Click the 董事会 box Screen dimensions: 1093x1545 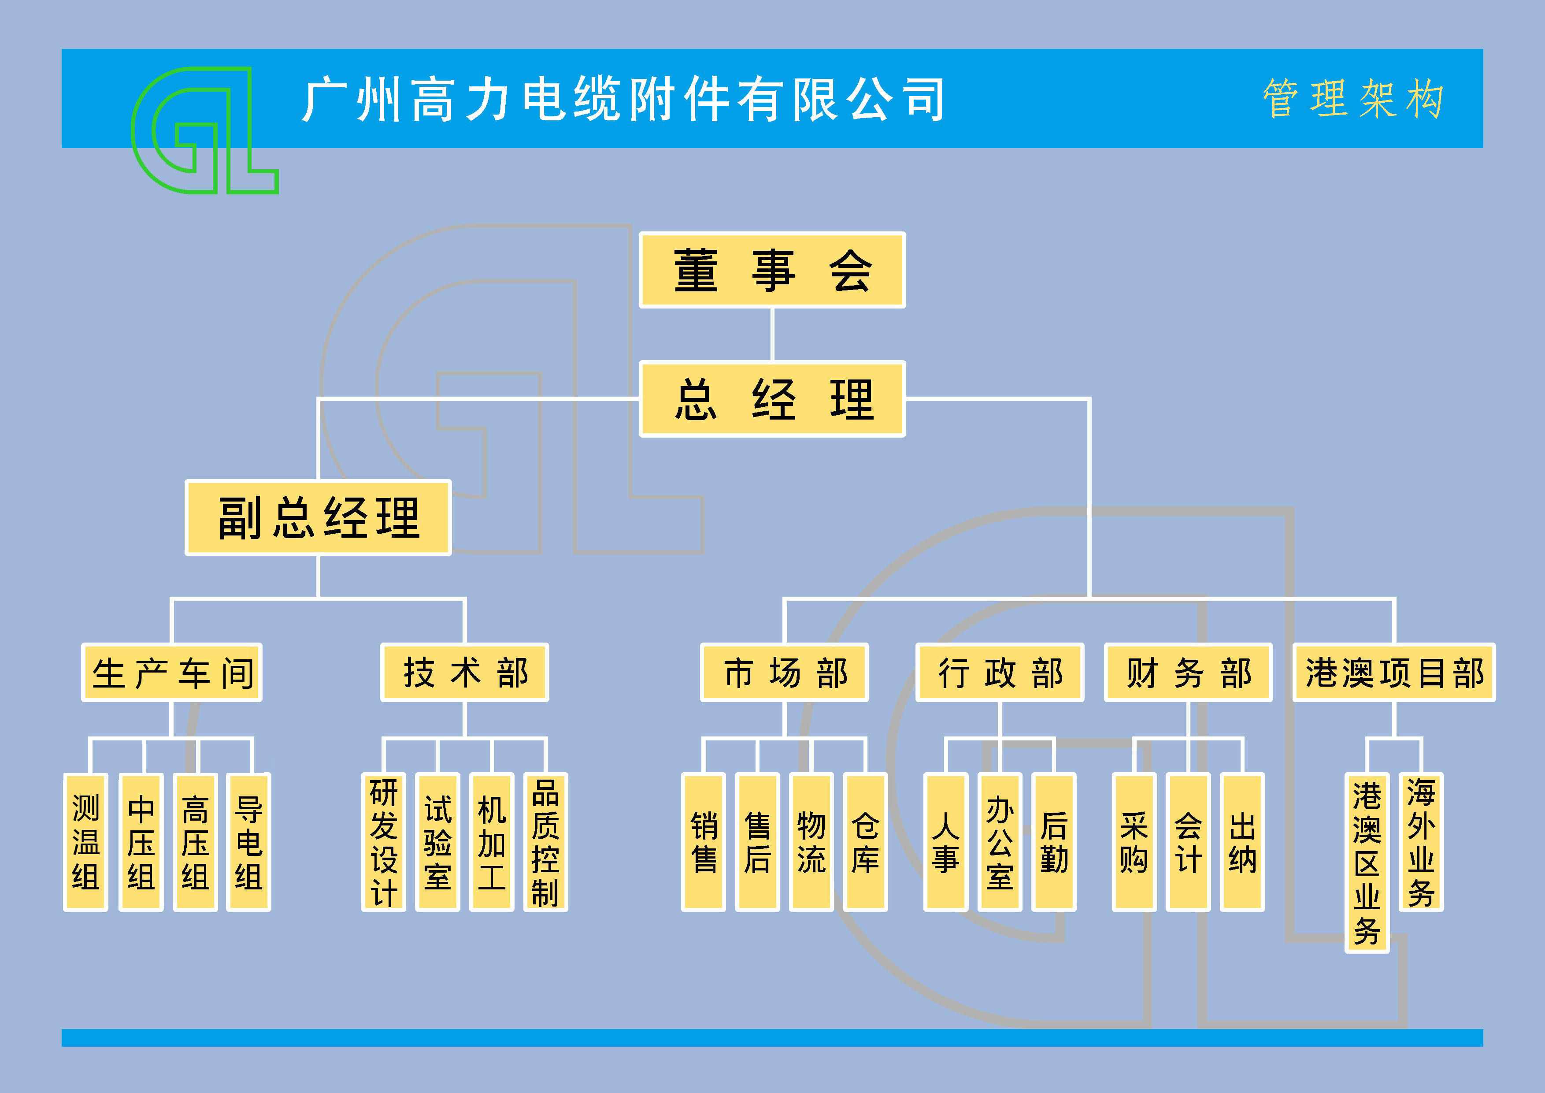point(772,270)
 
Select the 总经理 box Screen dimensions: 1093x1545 point(772,399)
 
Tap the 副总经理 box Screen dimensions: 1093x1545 point(318,517)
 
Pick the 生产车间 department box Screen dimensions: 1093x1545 point(171,673)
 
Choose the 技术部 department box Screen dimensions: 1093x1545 point(464,673)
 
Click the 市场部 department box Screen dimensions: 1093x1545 point(784,673)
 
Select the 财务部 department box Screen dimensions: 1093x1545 point(1188,673)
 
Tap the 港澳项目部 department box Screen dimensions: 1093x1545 point(1393,673)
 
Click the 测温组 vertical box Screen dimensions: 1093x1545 point(85,842)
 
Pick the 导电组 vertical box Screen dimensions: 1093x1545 point(248,842)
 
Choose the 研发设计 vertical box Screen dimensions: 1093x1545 point(384,842)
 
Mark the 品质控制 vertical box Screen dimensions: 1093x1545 point(545,842)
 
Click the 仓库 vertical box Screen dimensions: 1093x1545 point(865,842)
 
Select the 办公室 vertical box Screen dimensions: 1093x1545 point(1000,842)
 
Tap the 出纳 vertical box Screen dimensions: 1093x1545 point(1242,842)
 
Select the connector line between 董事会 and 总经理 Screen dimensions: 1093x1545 point(772,335)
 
